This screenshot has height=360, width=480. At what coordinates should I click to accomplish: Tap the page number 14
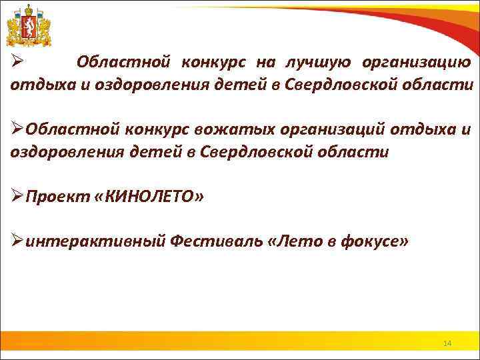[x=447, y=343]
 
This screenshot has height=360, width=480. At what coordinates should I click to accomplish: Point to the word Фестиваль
[x=215, y=242]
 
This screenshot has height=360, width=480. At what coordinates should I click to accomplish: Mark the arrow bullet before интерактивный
[x=17, y=242]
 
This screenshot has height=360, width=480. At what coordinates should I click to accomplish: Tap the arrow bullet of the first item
[x=17, y=63]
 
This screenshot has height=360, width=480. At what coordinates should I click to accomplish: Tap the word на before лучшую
[x=265, y=63]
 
